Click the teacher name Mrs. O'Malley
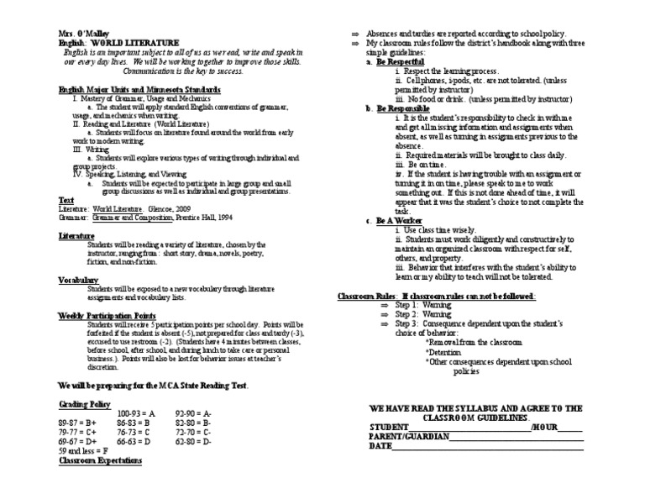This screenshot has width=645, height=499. pyautogui.click(x=82, y=33)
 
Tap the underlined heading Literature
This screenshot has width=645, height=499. pyautogui.click(x=76, y=236)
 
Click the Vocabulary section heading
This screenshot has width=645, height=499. pyautogui.click(x=79, y=279)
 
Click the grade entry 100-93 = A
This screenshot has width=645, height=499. pyautogui.click(x=136, y=414)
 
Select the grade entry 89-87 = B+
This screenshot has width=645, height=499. pyautogui.click(x=77, y=425)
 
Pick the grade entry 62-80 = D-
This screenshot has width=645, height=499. pyautogui.click(x=193, y=441)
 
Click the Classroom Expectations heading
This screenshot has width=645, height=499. pyautogui.click(x=100, y=461)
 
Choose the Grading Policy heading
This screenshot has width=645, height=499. pyautogui.click(x=82, y=404)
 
